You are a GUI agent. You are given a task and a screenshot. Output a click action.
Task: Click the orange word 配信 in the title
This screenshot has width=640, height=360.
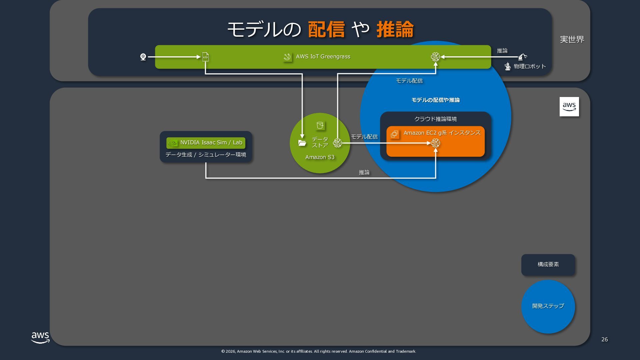click(326, 29)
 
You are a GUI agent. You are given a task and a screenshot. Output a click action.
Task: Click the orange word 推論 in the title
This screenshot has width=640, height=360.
click(395, 29)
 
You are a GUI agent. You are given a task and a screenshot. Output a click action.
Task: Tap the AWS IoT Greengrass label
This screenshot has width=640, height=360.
click(323, 57)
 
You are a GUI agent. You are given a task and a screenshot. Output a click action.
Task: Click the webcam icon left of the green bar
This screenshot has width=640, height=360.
click(143, 57)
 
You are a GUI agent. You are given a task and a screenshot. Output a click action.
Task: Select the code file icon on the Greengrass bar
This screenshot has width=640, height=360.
click(205, 57)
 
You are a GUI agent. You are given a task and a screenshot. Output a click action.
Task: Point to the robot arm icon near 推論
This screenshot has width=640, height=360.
click(522, 57)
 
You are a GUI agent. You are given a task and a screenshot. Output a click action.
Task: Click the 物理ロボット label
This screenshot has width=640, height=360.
click(530, 66)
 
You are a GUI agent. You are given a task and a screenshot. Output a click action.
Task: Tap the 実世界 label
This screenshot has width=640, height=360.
click(572, 39)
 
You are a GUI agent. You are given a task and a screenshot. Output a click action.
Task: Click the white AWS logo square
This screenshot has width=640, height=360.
click(569, 107)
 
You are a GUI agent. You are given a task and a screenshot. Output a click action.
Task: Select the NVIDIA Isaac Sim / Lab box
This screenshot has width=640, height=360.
click(206, 143)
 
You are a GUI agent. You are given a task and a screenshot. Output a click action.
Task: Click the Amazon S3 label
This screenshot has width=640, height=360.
click(320, 157)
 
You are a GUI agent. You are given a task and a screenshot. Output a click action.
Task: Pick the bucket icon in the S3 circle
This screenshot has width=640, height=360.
click(320, 126)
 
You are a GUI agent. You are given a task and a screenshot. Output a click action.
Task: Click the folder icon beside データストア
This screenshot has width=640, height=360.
click(302, 143)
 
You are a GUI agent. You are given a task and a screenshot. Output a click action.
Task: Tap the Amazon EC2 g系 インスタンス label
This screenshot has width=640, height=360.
click(442, 133)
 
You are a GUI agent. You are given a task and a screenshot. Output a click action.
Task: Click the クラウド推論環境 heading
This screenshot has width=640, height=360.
click(435, 119)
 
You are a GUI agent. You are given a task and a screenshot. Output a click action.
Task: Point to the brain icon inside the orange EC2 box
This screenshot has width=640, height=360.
click(435, 143)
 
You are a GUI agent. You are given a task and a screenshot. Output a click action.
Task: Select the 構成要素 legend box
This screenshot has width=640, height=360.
click(548, 265)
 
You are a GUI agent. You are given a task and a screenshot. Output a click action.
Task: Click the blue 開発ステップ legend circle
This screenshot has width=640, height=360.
click(548, 306)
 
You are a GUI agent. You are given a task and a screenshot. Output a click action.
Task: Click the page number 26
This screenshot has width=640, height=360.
click(604, 339)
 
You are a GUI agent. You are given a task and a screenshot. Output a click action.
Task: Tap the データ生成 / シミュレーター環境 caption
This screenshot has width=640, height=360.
click(206, 155)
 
